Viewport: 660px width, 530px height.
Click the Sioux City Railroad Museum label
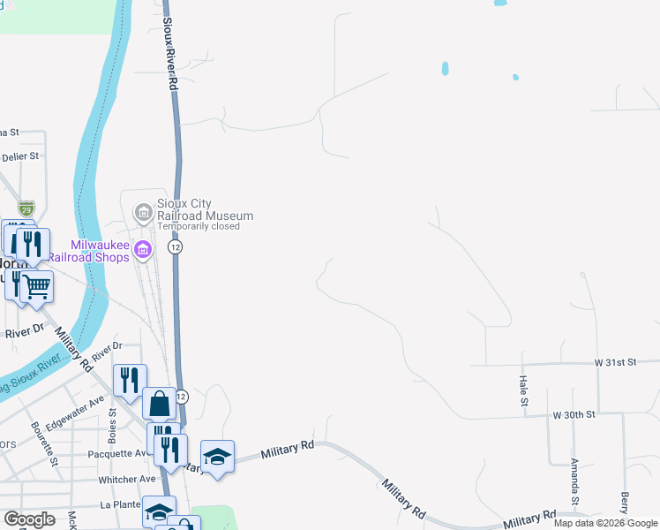pos(205,209)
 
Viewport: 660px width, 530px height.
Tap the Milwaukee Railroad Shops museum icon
pos(142,252)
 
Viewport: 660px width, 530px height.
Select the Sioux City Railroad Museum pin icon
pos(142,212)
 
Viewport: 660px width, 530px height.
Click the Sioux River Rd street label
pos(169,44)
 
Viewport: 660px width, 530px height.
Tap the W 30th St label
pos(574,414)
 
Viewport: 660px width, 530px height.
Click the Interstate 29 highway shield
pos(26,209)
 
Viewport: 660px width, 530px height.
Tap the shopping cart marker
pos(36,285)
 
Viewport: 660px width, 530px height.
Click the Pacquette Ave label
pos(116,454)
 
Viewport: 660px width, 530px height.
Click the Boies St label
pos(113,423)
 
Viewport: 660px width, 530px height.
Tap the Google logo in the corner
pos(30,519)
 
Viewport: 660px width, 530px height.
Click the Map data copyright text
pos(605,523)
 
